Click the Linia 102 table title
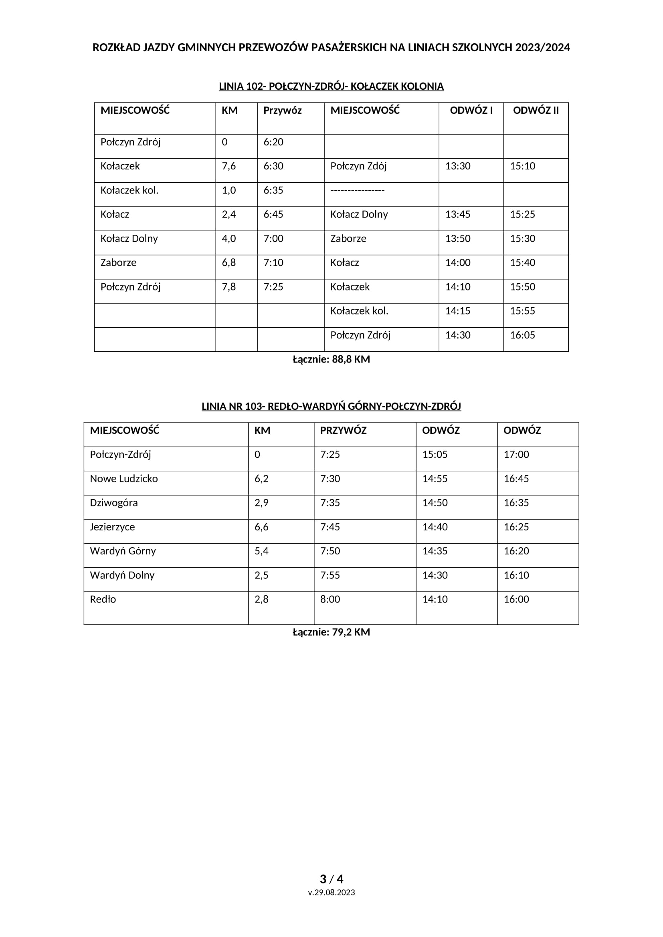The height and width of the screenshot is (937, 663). pos(331,87)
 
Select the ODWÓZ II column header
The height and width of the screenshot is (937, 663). pos(536,110)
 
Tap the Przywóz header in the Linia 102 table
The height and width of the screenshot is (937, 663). pos(282,110)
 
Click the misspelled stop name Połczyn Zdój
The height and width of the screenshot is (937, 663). pos(358,166)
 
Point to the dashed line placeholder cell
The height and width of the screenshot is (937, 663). pos(357,191)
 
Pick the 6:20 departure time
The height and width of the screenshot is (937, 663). pos(273,142)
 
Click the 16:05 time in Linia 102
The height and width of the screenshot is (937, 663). pos(522,335)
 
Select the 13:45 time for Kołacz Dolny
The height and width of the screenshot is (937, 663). pos(457,214)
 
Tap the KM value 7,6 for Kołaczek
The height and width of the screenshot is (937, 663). pos(228,166)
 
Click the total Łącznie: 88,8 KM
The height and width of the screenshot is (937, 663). pos(331,359)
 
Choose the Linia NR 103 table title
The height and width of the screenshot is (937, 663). pos(331,407)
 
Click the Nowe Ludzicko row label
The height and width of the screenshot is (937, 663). pos(124,479)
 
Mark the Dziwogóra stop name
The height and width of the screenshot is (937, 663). pos(113,503)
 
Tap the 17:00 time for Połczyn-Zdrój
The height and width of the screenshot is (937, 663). pos(516,455)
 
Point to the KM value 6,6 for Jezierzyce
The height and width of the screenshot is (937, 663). pos(261,527)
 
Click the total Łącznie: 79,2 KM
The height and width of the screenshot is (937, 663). pos(331,632)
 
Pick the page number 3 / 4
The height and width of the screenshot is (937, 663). pos(331,879)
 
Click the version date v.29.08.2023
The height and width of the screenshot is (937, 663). pos(331,893)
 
